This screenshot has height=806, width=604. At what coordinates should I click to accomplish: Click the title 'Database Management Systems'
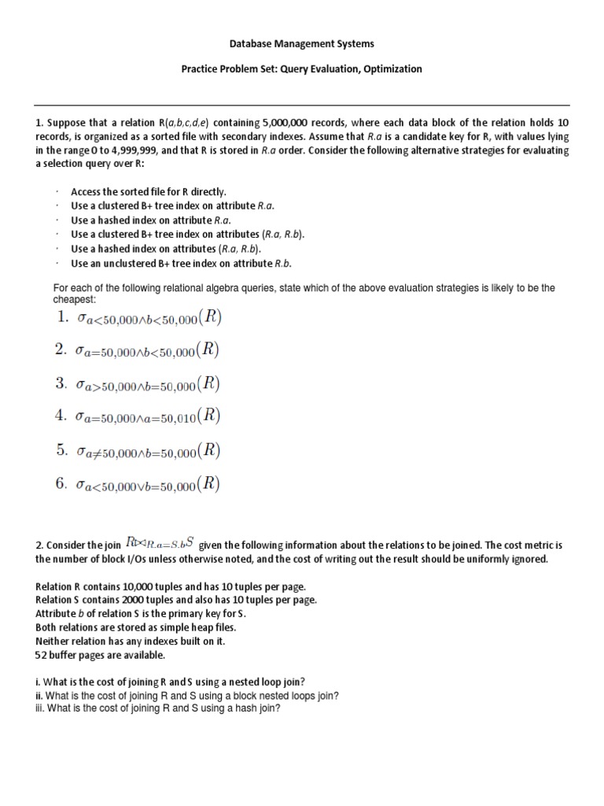[x=302, y=44]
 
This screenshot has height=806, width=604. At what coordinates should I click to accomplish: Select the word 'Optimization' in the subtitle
[x=393, y=69]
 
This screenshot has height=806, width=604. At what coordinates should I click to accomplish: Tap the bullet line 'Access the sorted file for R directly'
[x=148, y=191]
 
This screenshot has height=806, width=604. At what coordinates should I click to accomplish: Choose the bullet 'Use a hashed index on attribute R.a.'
[x=155, y=220]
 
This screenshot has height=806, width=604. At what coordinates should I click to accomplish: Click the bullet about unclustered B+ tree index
[x=186, y=264]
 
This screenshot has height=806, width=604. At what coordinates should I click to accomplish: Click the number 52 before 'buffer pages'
[x=42, y=655]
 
